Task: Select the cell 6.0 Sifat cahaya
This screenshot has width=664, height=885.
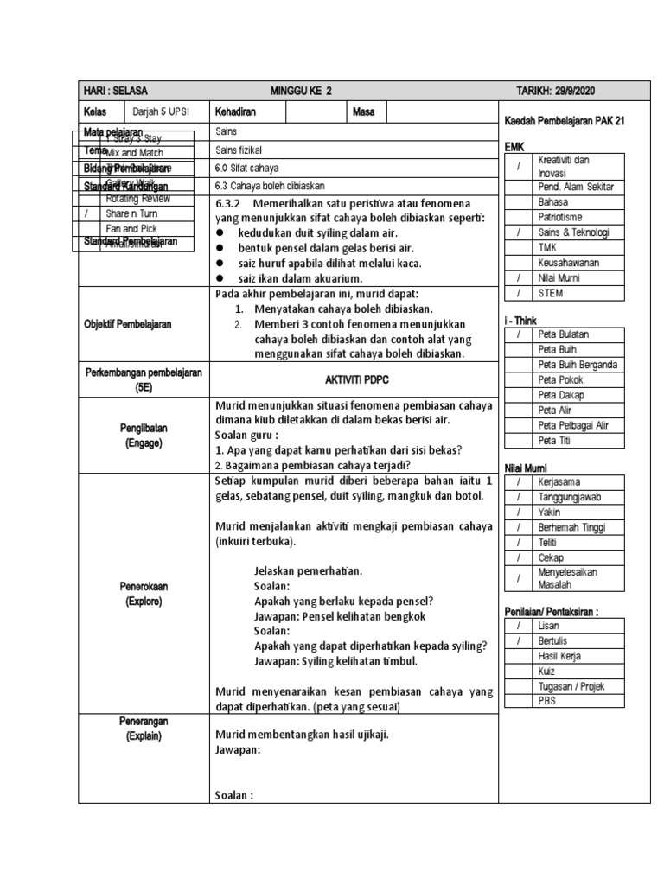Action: [246, 168]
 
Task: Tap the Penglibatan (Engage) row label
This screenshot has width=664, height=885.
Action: [142, 435]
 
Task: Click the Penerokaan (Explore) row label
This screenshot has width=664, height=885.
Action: [142, 593]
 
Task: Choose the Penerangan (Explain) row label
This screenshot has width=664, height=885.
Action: [142, 728]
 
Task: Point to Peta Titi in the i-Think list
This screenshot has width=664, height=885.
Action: [555, 441]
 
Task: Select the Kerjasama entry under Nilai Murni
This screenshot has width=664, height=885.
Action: [559, 481]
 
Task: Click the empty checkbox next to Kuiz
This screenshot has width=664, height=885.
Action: [518, 671]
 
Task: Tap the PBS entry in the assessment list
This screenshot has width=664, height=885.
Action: [546, 701]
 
